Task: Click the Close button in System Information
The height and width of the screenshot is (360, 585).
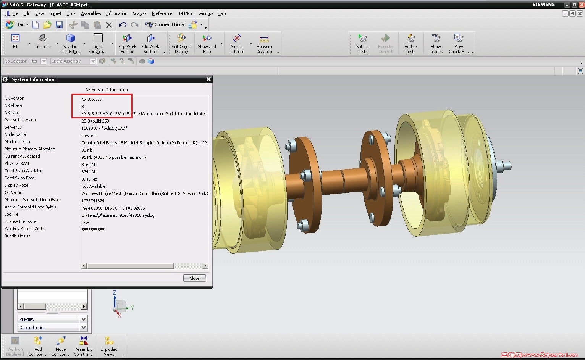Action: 194,278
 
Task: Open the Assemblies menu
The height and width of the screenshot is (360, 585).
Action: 91,13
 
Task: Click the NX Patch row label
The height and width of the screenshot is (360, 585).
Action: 13,113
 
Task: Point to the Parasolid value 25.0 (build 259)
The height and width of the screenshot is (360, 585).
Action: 96,121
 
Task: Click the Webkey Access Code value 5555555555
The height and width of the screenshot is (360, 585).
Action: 93,230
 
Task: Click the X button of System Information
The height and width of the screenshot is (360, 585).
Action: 208,79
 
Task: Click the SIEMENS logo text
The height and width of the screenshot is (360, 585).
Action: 543,5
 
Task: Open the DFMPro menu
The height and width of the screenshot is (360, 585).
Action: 186,13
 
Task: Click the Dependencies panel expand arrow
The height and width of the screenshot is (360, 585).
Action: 84,328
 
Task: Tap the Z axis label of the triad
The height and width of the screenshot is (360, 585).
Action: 115,293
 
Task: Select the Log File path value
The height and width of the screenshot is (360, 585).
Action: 118,215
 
